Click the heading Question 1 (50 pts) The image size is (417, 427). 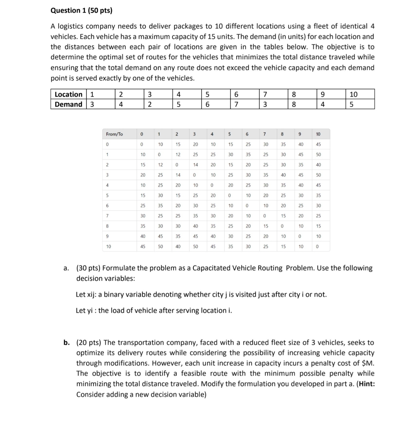(81, 11)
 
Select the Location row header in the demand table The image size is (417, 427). (68, 95)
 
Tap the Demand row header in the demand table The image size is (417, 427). (68, 104)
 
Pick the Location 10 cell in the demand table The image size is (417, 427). (353, 95)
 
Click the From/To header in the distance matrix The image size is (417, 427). (114, 134)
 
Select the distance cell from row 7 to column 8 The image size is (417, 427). (283, 216)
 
